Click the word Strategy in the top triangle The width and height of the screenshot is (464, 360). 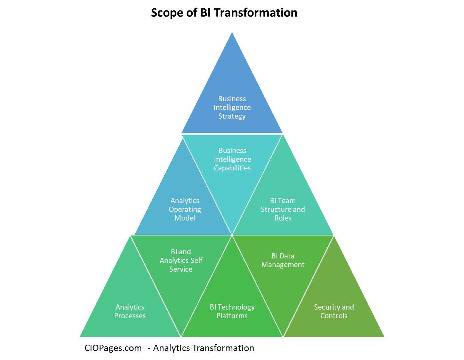[x=232, y=116]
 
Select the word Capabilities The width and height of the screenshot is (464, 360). [x=232, y=168]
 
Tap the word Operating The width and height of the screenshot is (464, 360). [x=185, y=209]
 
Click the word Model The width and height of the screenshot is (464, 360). [x=185, y=218]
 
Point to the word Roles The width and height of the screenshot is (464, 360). [x=283, y=218]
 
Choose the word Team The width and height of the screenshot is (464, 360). [x=287, y=201]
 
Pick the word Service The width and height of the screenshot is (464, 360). [x=181, y=269]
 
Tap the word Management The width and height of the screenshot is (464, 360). [x=283, y=265]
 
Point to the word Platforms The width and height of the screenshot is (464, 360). [x=232, y=316]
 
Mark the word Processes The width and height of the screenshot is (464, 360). [x=130, y=316]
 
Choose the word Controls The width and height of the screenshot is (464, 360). [x=334, y=316]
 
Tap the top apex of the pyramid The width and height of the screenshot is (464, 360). [x=232, y=32]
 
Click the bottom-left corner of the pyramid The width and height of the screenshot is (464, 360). [x=80, y=337]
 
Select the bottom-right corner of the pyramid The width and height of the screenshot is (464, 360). [x=384, y=337]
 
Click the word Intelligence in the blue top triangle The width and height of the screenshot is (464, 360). [x=232, y=107]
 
